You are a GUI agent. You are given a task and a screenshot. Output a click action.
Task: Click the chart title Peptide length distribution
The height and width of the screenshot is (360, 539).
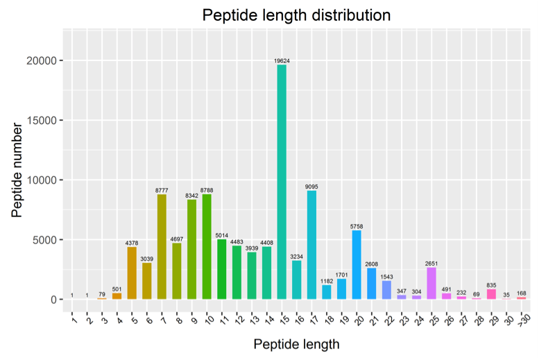pyautogui.click(x=296, y=15)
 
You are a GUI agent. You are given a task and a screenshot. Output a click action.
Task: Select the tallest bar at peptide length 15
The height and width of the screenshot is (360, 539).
pyautogui.click(x=282, y=182)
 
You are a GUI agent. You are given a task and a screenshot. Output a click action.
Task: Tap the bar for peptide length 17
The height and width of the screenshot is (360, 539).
pyautogui.click(x=311, y=245)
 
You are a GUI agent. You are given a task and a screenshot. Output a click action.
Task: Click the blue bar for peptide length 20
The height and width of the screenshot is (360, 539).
pyautogui.click(x=357, y=265)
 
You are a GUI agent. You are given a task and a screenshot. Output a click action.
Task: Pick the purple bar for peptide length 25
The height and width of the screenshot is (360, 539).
pyautogui.click(x=431, y=283)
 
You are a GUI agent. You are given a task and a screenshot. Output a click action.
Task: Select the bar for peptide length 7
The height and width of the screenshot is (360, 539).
pyautogui.click(x=162, y=247)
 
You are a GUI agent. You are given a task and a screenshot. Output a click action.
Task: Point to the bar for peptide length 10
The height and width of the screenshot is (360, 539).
pyautogui.click(x=207, y=247)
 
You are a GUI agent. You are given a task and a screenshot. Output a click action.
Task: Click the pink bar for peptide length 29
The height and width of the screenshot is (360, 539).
pyautogui.click(x=491, y=294)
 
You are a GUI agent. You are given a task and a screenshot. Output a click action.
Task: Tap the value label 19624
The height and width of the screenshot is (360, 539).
pyautogui.click(x=282, y=61)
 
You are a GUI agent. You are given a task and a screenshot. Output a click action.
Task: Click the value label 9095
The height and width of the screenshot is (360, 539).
pyautogui.click(x=311, y=187)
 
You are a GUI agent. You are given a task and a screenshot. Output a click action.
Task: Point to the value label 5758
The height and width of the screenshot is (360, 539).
pyautogui.click(x=357, y=227)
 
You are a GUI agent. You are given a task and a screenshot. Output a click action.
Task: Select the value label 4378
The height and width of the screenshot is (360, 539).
pyautogui.click(x=132, y=243)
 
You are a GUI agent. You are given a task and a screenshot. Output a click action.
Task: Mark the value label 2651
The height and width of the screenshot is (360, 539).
pyautogui.click(x=431, y=264)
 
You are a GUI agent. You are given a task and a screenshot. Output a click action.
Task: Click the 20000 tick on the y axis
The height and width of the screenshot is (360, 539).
pyautogui.click(x=41, y=61)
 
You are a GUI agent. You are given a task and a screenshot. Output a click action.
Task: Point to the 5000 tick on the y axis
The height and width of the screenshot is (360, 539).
pyautogui.click(x=44, y=240)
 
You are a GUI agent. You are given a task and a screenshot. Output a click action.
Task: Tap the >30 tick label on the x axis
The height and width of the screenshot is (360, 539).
pyautogui.click(x=524, y=320)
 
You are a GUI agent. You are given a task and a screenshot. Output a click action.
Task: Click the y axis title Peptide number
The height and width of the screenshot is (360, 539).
pyautogui.click(x=17, y=170)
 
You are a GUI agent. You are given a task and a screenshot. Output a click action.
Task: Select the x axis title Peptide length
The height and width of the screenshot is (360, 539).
pyautogui.click(x=296, y=344)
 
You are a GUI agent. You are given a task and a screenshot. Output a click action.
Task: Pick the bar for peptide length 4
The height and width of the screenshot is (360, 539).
pyautogui.click(x=117, y=296)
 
